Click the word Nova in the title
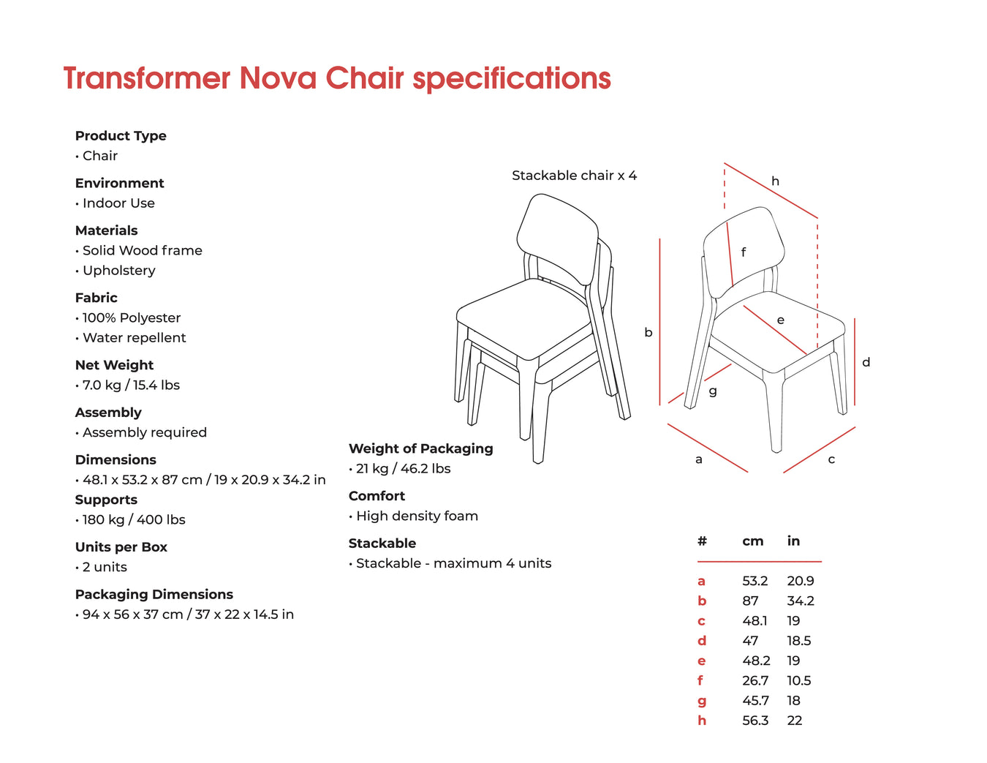tap(277, 78)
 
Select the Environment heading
tap(119, 183)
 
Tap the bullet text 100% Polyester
tap(132, 317)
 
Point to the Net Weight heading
tap(115, 365)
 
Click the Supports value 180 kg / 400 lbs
tap(134, 519)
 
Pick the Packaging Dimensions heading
tap(154, 595)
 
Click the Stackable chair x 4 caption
tap(574, 176)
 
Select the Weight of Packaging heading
tap(420, 448)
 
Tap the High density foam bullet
tap(417, 516)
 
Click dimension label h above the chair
tap(775, 181)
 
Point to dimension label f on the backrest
tap(744, 252)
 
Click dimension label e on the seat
tap(780, 320)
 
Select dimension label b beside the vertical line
tap(648, 332)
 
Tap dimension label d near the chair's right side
tap(866, 361)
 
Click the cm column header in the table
tap(752, 541)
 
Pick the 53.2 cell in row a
tap(755, 581)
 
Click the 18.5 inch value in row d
tap(798, 641)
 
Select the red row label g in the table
tap(702, 702)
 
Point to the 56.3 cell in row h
tap(755, 721)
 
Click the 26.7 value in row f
tap(755, 681)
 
